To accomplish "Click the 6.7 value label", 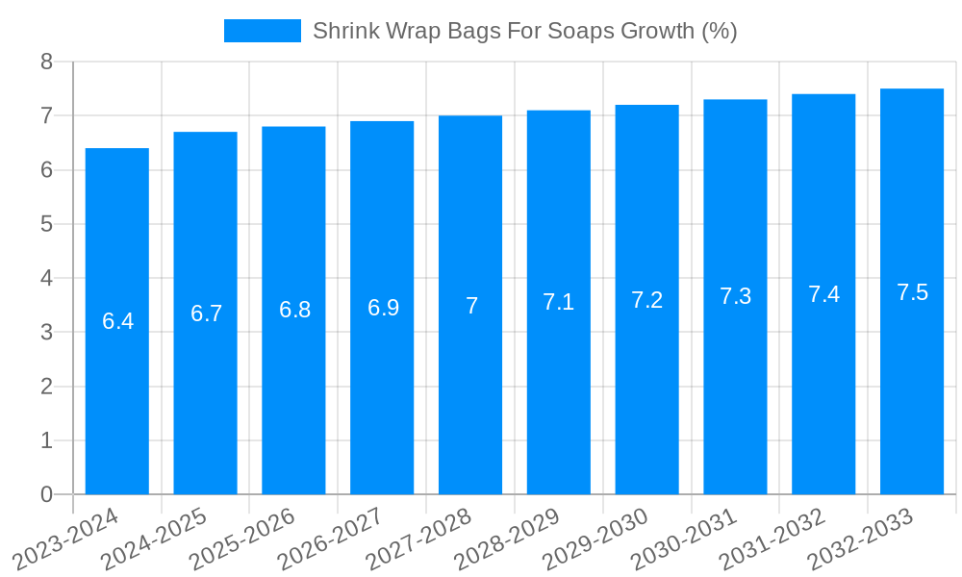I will point(206,314).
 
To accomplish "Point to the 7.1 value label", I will point(558,302).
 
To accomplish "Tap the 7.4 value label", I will point(823,294).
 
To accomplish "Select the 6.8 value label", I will point(294,310).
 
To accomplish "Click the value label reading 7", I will point(471,306).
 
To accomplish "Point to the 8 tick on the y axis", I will point(46,62).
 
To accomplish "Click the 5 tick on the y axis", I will point(46,224).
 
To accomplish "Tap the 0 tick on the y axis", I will point(46,494).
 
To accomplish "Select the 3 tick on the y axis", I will point(46,333).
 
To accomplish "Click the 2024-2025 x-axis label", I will point(154,539).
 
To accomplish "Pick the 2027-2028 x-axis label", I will point(418,539).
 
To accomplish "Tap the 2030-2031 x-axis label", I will point(684,539).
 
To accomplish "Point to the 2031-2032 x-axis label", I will point(772,539).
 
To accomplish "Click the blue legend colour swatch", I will point(262,31).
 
